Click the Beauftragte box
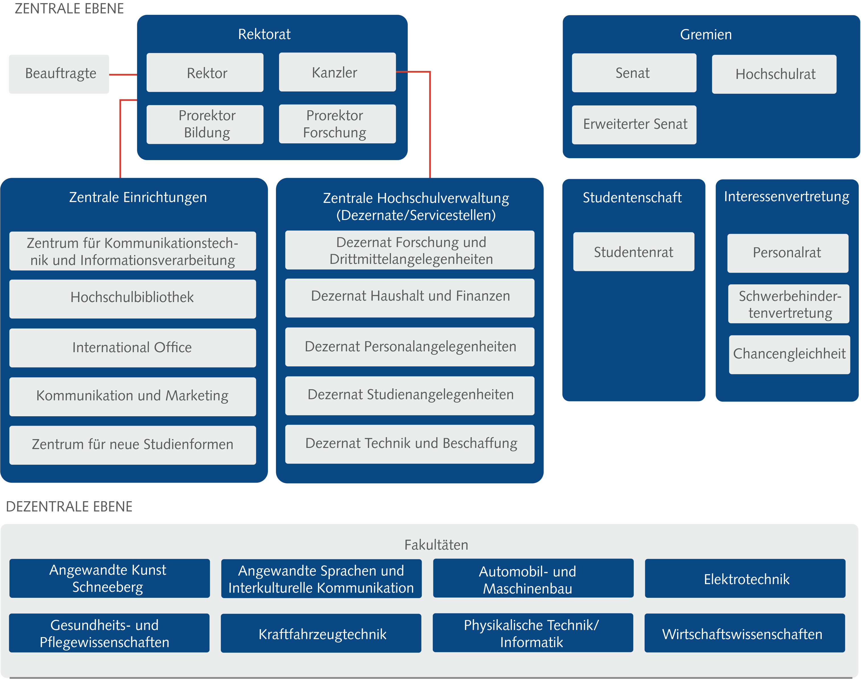[x=59, y=74]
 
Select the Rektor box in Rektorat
[x=205, y=72]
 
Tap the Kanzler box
[x=337, y=72]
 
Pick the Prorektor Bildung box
[x=205, y=124]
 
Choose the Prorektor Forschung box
[x=337, y=124]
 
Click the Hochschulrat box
[x=774, y=74]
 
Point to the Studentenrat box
[x=634, y=252]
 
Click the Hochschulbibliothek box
[x=133, y=299]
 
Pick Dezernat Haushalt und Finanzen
[x=410, y=298]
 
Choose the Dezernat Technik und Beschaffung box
[x=410, y=444]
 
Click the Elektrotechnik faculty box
[x=745, y=578]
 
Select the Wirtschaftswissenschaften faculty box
[x=745, y=633]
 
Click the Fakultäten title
[x=436, y=545]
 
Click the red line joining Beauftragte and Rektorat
[x=123, y=74]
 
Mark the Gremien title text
[x=706, y=34]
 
